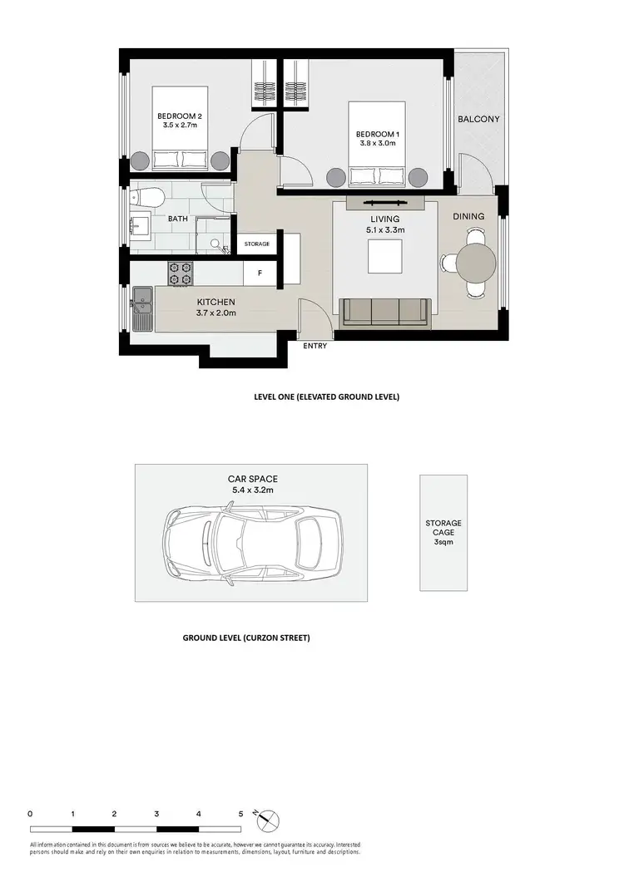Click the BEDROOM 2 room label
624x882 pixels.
point(177,116)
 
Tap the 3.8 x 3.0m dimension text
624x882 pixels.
point(376,144)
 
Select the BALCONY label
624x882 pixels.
point(478,119)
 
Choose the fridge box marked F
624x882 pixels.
point(260,272)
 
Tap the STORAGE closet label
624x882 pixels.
point(256,244)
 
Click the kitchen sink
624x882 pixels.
point(141,308)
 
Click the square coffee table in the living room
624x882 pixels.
point(385,256)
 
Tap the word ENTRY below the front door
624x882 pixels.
point(315,346)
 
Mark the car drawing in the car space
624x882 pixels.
point(253,544)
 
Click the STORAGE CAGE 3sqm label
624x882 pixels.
point(443,532)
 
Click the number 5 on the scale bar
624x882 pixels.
point(240,814)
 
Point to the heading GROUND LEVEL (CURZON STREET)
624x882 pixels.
point(245,638)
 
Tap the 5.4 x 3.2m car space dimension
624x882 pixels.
point(253,490)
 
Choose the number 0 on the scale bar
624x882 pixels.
point(30,814)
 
